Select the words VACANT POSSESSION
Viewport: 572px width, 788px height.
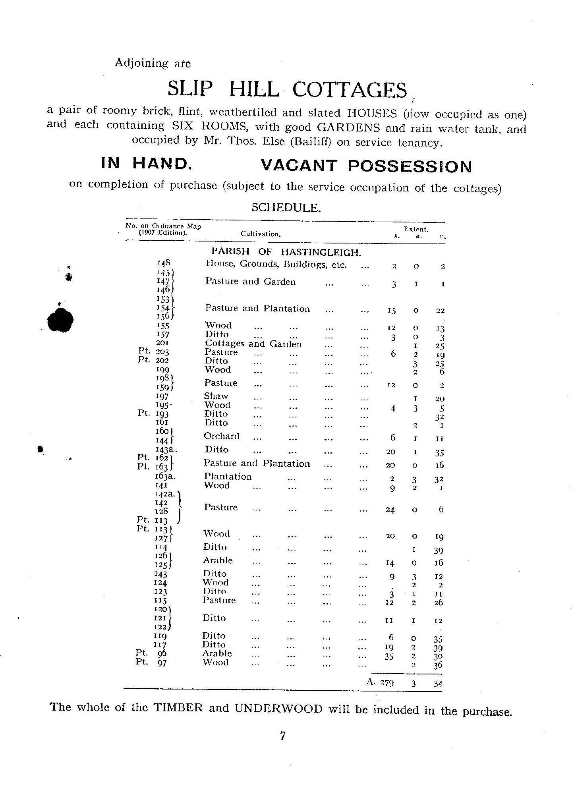click(x=365, y=166)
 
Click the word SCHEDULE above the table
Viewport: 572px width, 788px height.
click(x=286, y=207)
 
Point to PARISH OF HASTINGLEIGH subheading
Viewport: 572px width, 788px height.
click(x=286, y=251)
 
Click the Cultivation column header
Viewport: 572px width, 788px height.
click(x=261, y=234)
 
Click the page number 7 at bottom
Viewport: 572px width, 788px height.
click(x=282, y=736)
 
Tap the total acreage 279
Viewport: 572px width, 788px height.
click(x=387, y=683)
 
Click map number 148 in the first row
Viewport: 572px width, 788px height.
click(x=164, y=263)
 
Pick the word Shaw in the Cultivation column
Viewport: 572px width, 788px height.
click(x=216, y=396)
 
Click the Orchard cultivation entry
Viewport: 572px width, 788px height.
click(x=222, y=436)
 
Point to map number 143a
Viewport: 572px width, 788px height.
click(x=166, y=450)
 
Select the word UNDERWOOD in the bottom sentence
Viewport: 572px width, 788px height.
click(x=279, y=709)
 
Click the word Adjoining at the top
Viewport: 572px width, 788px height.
click(x=141, y=63)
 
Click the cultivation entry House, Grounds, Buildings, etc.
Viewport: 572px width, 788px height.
click(x=276, y=264)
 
